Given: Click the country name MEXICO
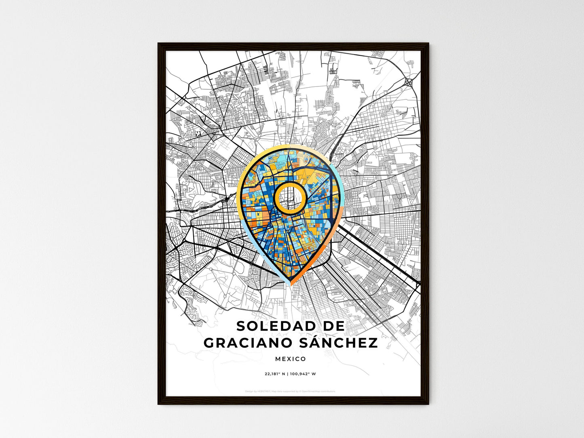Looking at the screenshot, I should [291, 359].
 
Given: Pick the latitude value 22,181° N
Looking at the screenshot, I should [276, 374].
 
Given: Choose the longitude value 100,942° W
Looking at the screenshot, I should [303, 374].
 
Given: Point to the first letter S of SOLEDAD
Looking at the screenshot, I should [241, 326].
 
